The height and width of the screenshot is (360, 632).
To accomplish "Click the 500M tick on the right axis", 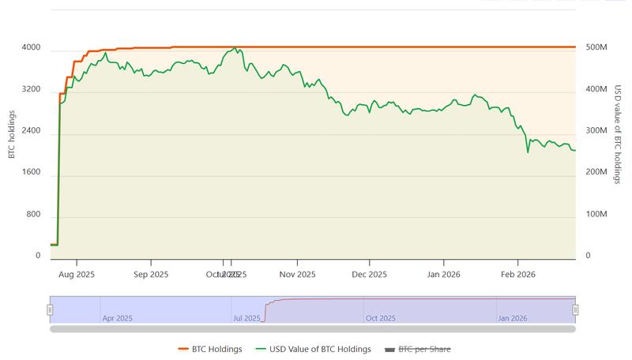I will coord(596,48).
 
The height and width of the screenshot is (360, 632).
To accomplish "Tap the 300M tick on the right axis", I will coord(596,131).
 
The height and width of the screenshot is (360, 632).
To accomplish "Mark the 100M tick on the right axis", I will coord(596,215).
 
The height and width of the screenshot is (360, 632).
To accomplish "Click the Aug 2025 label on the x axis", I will coord(77,275).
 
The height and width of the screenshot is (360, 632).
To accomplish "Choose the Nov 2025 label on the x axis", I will coord(298,275).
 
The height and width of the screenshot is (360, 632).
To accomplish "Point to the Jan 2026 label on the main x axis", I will coord(443,275).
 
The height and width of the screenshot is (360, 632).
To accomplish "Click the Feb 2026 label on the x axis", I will coord(517,275).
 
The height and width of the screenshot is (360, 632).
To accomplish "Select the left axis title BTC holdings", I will coord(12,134).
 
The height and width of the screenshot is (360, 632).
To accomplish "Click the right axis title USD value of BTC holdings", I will coord(618,134).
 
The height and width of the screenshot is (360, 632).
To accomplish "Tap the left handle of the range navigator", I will coord(50,309).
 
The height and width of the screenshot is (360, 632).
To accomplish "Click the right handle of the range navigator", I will coord(576,309).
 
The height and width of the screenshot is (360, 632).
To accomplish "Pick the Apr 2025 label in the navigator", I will coord(118,318).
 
